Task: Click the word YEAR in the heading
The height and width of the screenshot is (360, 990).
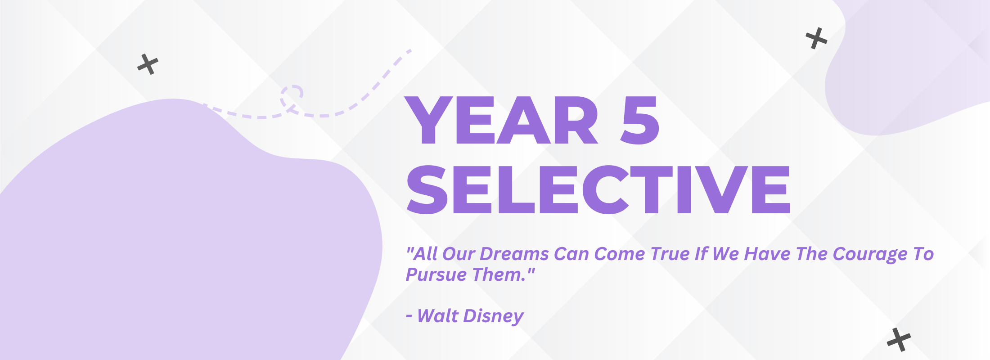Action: [x=502, y=120]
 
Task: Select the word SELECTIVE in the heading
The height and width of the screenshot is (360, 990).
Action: [x=598, y=189]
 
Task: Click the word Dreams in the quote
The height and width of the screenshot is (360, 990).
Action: [x=514, y=254]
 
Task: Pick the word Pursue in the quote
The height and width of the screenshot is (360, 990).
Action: [x=436, y=274]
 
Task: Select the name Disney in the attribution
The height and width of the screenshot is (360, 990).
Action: [x=494, y=316]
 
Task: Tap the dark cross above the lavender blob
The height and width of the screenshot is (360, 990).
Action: [x=148, y=64]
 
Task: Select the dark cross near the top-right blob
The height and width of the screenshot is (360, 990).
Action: [x=816, y=38]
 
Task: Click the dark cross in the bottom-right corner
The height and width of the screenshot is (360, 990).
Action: [x=899, y=339]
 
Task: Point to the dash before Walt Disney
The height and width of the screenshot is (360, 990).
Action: [x=409, y=317]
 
